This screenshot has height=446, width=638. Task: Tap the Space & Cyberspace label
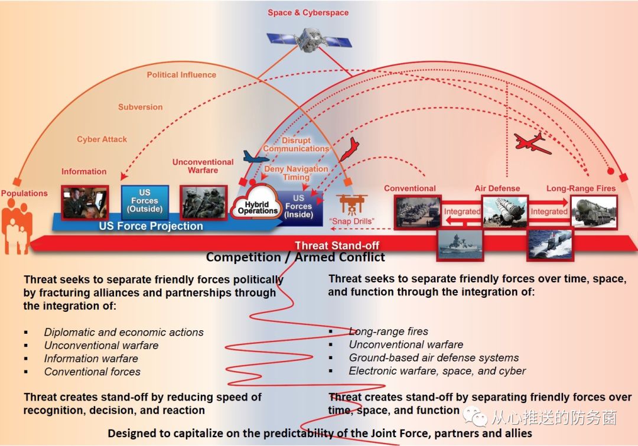308,12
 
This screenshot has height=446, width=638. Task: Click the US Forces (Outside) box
145,201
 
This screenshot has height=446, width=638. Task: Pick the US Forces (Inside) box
300,206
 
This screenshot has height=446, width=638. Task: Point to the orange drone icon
353,204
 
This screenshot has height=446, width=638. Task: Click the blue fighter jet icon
256,157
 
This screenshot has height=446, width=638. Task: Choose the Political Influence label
181,75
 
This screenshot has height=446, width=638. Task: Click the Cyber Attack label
102,139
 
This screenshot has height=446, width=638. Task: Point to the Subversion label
140,107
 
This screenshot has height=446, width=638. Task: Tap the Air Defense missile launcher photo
504,211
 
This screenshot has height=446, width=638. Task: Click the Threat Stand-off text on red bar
337,245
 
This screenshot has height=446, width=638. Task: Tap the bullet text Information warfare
91,359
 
